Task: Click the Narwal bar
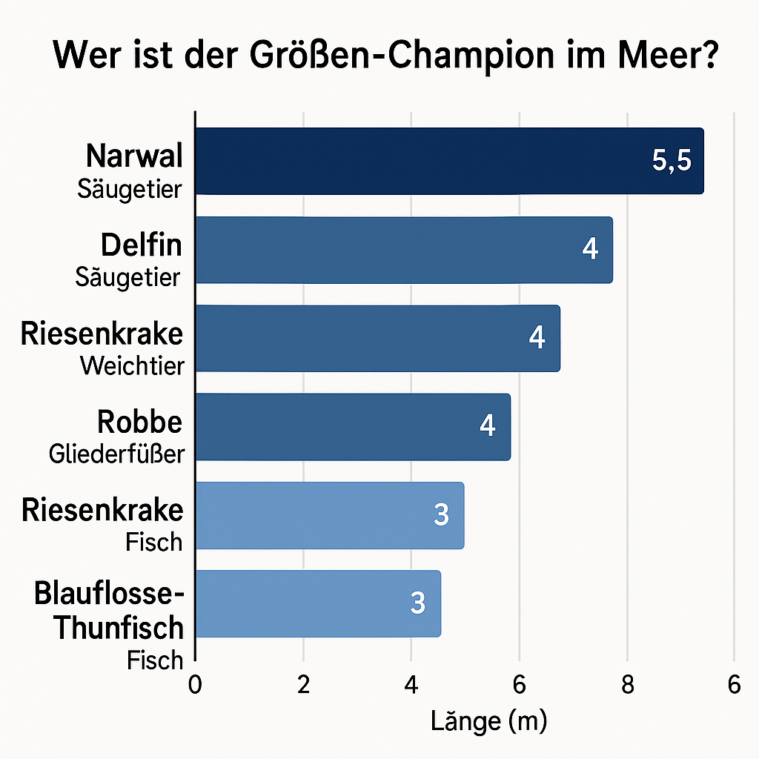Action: point(448,162)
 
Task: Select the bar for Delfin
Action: point(403,250)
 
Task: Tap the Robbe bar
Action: point(352,426)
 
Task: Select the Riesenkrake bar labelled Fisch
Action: point(329,515)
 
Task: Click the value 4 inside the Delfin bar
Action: point(589,250)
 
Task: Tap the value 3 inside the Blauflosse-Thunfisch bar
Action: point(418,603)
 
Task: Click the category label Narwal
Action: point(133,156)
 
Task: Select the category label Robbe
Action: point(139,422)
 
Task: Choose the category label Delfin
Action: point(142,245)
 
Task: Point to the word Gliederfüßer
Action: point(116,454)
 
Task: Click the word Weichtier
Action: point(132,365)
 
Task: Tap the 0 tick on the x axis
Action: point(195,686)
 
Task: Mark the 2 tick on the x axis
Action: point(303,686)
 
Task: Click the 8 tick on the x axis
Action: point(627,686)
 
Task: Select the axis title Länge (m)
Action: point(488,720)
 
